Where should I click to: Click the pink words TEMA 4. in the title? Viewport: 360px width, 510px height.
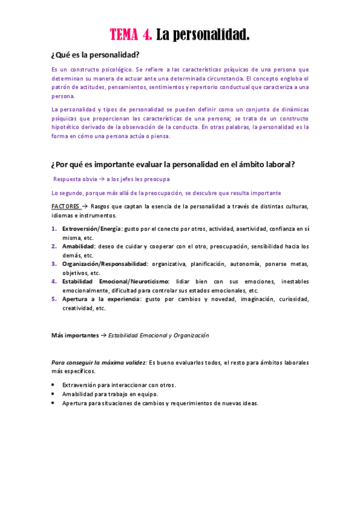pyautogui.click(x=131, y=35)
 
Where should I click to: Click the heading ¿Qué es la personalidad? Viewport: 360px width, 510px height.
pyautogui.click(x=95, y=55)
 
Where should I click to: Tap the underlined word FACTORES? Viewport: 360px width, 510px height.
pyautogui.click(x=65, y=206)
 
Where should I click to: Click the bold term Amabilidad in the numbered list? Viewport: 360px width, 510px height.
pyautogui.click(x=78, y=246)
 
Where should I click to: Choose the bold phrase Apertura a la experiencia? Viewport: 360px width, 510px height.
pyautogui.click(x=100, y=299)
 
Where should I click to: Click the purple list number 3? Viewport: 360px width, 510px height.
pyautogui.click(x=53, y=263)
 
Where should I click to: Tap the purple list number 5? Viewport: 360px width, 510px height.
pyautogui.click(x=53, y=299)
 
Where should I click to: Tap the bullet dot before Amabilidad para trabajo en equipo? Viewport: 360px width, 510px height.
pyautogui.click(x=53, y=394)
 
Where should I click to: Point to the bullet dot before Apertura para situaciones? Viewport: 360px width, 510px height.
pyautogui.click(x=53, y=403)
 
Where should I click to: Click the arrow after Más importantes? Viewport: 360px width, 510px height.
pyautogui.click(x=103, y=335)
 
